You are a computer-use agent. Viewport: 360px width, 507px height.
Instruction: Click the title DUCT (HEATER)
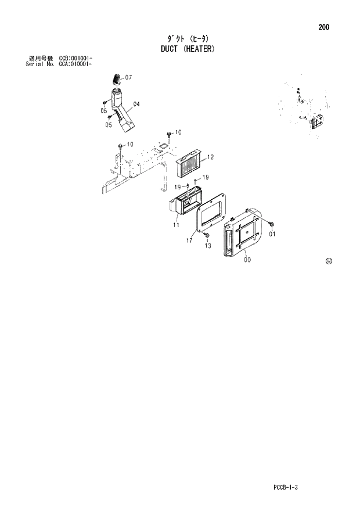(x=188, y=49)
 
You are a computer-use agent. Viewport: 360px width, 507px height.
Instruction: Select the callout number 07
(x=128, y=77)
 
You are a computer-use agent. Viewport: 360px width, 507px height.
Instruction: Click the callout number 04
(x=137, y=105)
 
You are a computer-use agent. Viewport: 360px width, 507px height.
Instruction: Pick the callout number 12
(x=210, y=157)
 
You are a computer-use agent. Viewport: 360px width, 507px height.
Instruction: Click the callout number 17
(x=189, y=239)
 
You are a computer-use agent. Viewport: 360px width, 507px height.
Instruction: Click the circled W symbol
(x=329, y=261)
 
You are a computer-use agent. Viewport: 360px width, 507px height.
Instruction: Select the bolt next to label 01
(x=271, y=224)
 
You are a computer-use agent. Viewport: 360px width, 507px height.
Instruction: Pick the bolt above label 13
(x=206, y=235)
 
